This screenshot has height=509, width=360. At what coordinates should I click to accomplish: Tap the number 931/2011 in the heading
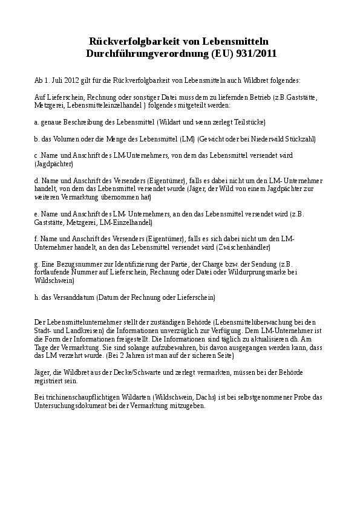[x=255, y=53]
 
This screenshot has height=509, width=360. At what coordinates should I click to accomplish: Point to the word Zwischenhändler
[x=244, y=247]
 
